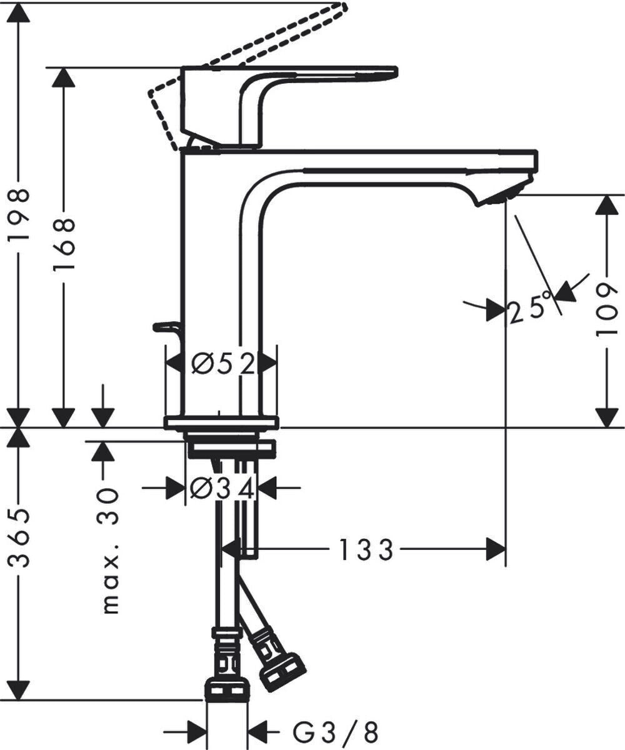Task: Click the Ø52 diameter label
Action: click(222, 363)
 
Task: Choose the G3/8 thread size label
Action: click(335, 731)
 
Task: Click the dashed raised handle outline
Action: click(250, 50)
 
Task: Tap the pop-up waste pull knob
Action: click(166, 326)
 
